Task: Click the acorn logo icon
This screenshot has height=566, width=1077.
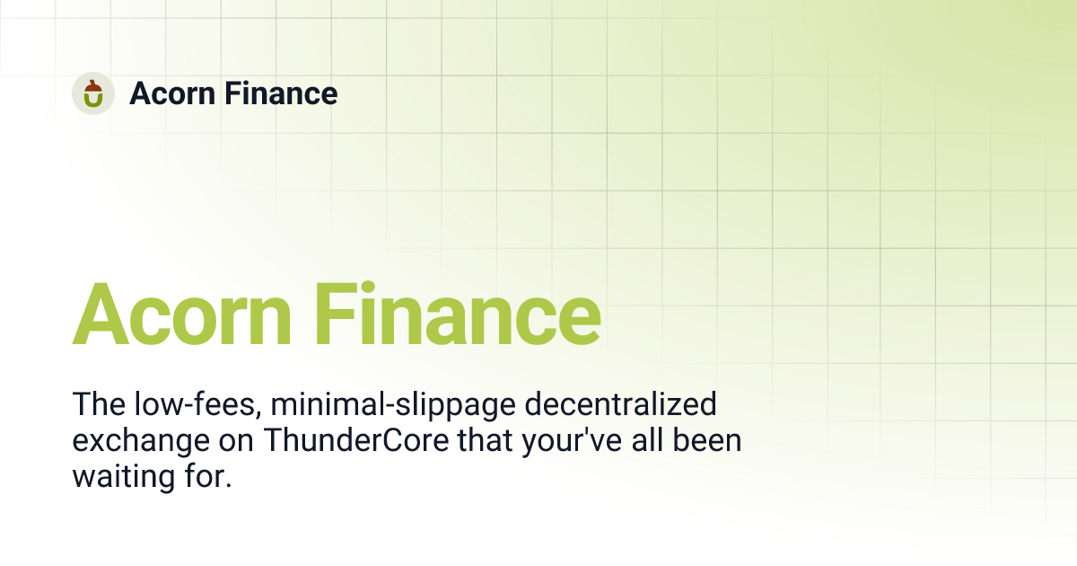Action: click(93, 93)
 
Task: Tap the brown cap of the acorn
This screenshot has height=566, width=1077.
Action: click(93, 86)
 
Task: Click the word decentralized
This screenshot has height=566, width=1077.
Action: click(620, 405)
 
